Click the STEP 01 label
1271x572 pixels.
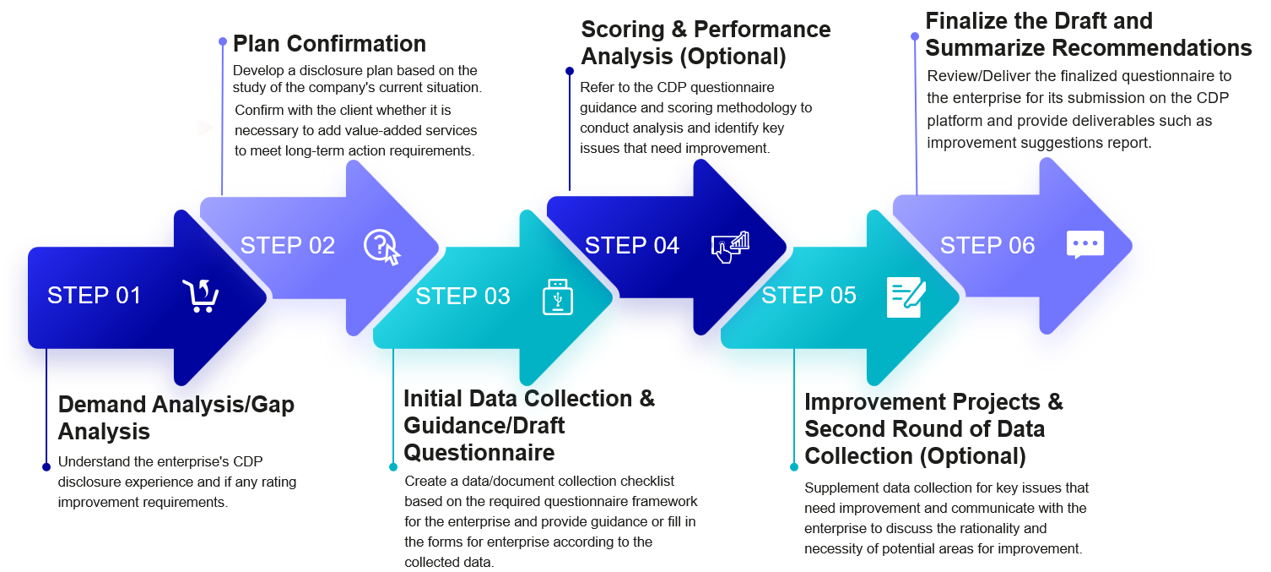pos(94,296)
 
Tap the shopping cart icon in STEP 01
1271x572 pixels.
pos(201,296)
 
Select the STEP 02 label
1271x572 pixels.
pos(288,246)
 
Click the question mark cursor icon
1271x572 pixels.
pos(381,247)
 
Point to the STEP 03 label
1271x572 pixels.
pos(462,297)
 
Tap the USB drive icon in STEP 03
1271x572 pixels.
pos(557,297)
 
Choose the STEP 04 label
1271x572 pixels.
pos(631,246)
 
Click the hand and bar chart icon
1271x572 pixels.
pos(730,247)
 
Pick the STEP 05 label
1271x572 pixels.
pos(809,296)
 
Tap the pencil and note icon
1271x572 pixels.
pos(906,297)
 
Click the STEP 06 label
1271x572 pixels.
pos(987,246)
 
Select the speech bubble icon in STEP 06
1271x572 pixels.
pos(1084,245)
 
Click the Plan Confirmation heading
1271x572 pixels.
pos(329,43)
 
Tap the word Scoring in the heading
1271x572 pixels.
pos(627,30)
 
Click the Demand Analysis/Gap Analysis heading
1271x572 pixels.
pos(176,417)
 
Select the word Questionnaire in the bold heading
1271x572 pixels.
pos(479,453)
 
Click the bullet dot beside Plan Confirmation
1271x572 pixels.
pos(223,41)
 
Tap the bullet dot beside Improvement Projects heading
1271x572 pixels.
pos(793,466)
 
